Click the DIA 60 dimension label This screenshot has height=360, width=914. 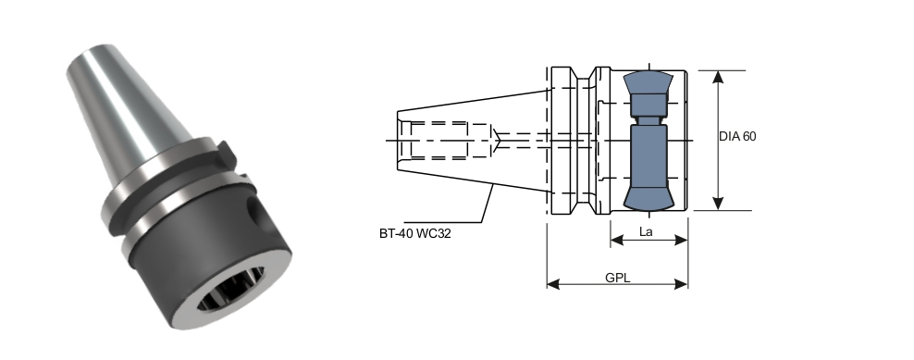pos(737,137)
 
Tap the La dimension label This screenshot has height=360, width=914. pos(646,231)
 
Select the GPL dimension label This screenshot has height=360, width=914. pos(617,278)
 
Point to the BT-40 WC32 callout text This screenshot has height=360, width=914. pos(415,234)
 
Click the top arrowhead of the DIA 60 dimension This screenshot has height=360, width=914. pos(718,78)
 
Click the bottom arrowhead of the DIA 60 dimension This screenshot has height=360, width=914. pos(718,203)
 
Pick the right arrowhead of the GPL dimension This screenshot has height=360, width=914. pos(681,284)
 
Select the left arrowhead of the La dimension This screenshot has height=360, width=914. pos(618,240)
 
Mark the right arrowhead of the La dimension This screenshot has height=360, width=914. pos(681,240)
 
